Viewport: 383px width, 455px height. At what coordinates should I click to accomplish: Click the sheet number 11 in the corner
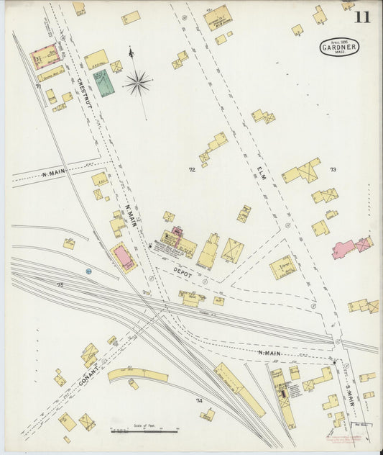click(362, 17)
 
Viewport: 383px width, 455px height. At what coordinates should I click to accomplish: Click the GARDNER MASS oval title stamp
click(338, 48)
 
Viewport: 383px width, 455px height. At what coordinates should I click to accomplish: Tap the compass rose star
click(137, 84)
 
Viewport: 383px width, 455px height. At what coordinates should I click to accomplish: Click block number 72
click(192, 171)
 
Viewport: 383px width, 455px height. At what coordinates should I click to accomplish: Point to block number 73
click(333, 170)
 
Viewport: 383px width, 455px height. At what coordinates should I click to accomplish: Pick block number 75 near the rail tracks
click(60, 286)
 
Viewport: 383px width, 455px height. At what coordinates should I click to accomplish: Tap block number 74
click(200, 400)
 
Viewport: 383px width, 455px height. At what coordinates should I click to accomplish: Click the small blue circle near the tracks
click(88, 271)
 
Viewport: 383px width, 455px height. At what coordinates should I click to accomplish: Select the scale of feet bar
click(144, 431)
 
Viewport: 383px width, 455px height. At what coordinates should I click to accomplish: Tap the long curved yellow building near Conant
click(137, 375)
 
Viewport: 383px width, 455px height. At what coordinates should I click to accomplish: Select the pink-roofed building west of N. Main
click(124, 258)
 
